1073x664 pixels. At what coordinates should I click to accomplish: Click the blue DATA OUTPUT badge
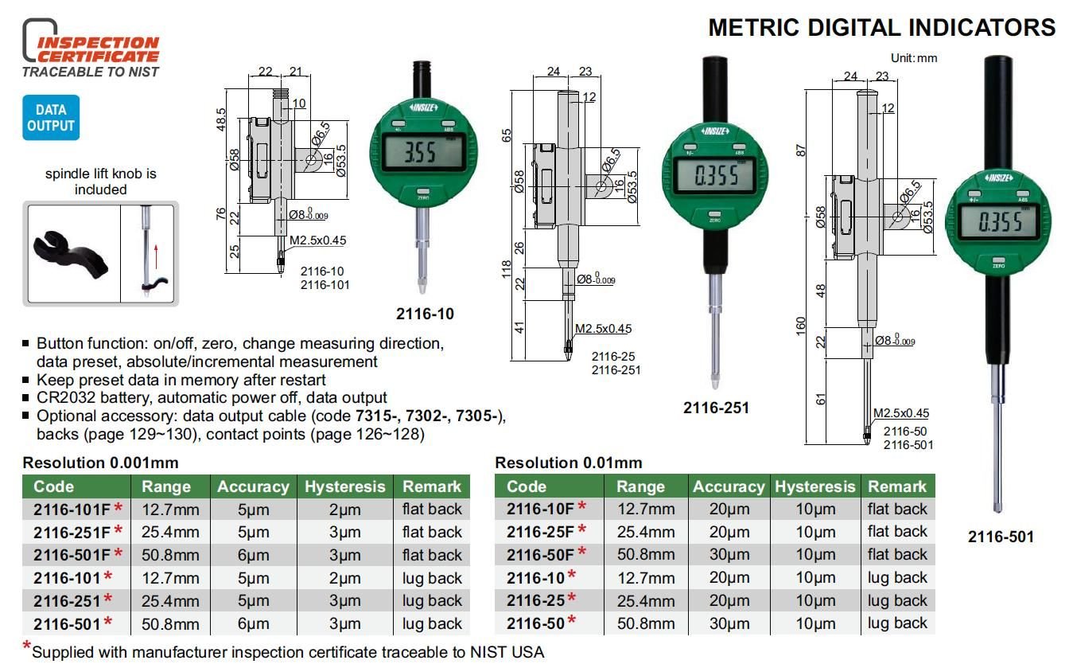[51, 118]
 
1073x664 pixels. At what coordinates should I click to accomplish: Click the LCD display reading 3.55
[422, 152]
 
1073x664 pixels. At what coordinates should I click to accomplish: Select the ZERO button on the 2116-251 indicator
[715, 215]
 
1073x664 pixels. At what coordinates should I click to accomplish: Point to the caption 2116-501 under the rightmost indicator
[1001, 537]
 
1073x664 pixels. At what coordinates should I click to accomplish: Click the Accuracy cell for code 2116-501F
[254, 555]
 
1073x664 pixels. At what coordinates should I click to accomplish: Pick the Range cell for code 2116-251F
[170, 532]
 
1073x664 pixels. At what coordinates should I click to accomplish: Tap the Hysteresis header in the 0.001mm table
[345, 486]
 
